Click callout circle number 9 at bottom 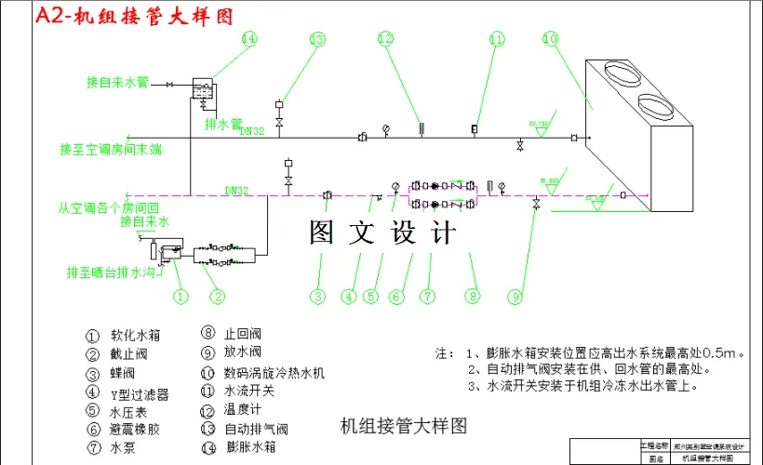tap(515, 297)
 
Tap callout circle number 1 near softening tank tap(181, 297)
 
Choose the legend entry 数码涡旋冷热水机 tap(274, 373)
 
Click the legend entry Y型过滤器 tap(139, 394)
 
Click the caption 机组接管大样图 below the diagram tap(402, 426)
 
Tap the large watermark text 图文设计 tap(383, 232)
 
